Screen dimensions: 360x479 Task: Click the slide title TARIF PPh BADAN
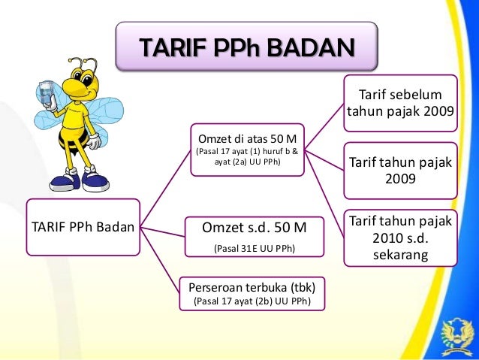click(x=246, y=48)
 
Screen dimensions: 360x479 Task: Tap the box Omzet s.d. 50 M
click(x=255, y=234)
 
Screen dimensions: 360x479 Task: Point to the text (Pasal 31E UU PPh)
click(x=255, y=248)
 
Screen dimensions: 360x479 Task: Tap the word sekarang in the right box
click(x=400, y=256)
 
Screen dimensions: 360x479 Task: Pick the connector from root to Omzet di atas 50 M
click(x=165, y=188)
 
